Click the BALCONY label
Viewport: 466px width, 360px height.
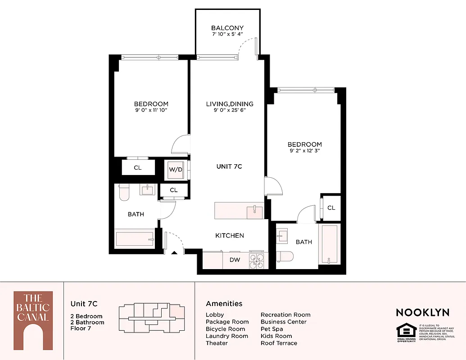click(x=227, y=28)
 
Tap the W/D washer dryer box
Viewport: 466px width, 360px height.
click(x=175, y=170)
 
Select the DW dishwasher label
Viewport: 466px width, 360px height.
click(x=235, y=260)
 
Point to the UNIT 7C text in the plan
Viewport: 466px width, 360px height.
click(x=229, y=166)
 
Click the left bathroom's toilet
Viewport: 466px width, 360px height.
click(x=124, y=193)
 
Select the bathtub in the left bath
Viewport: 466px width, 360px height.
click(x=134, y=238)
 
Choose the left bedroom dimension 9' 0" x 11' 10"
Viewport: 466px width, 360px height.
click(x=151, y=110)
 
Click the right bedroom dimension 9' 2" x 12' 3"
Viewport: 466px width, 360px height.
click(x=305, y=151)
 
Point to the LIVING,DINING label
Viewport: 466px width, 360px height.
click(x=230, y=104)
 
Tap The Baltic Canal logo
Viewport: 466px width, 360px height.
click(x=33, y=320)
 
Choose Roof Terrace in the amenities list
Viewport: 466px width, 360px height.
click(x=279, y=343)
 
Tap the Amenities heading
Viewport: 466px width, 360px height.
click(x=224, y=304)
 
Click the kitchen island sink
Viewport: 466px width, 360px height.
click(x=254, y=210)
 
